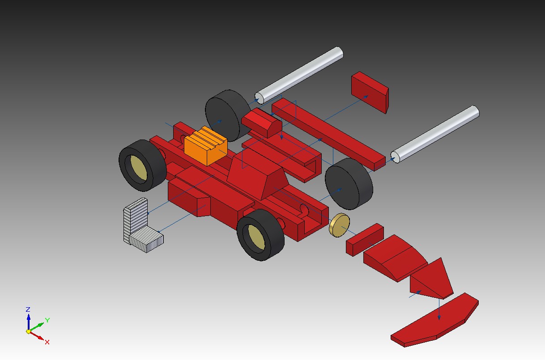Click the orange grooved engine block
(x=205, y=146)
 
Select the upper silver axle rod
(x=299, y=76)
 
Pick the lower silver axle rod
(x=435, y=134)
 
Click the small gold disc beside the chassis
(x=340, y=225)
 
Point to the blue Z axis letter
(x=28, y=309)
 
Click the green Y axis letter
(x=47, y=320)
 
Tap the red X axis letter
(x=47, y=342)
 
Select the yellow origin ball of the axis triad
(x=29, y=331)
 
